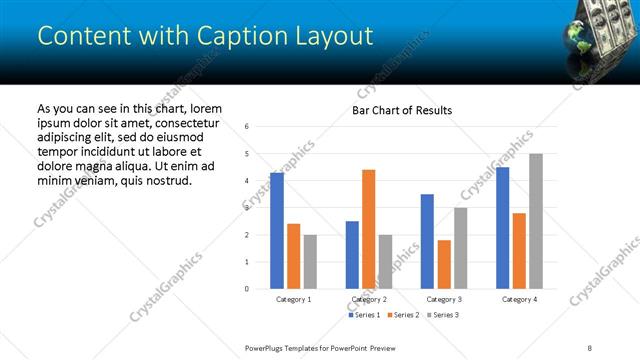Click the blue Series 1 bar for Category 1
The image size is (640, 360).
(x=277, y=231)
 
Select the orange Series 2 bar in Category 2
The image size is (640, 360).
(x=368, y=229)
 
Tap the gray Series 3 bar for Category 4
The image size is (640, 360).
(x=535, y=221)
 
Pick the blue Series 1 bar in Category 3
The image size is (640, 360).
(x=427, y=241)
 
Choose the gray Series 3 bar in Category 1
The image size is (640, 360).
(x=310, y=261)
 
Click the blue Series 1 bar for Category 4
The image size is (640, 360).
(x=502, y=228)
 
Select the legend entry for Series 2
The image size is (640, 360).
(x=403, y=315)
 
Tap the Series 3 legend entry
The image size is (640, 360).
(x=443, y=315)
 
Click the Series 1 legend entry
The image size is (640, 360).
(x=364, y=315)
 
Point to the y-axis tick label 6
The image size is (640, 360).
(x=247, y=126)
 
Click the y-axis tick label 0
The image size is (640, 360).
(x=247, y=289)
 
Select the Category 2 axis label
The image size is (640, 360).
(x=369, y=299)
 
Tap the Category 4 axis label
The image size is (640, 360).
(x=519, y=299)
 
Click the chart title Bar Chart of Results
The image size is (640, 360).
(x=402, y=110)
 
